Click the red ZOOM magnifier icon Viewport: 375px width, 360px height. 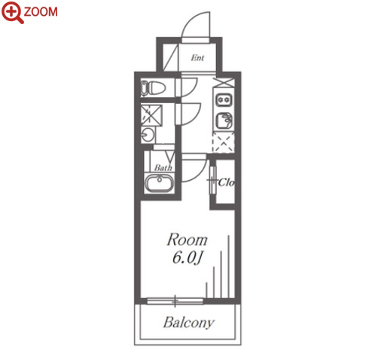(x=13, y=12)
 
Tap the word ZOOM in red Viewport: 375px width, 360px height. (x=41, y=12)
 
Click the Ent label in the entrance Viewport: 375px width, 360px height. (x=197, y=58)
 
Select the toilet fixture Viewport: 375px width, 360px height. (x=153, y=88)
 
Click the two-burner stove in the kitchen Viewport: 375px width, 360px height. (x=224, y=100)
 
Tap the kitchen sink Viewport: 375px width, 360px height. (x=224, y=121)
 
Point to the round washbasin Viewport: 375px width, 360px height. (x=147, y=135)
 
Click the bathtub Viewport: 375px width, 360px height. (x=160, y=183)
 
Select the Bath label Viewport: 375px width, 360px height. (x=163, y=167)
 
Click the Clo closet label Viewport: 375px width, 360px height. (x=226, y=182)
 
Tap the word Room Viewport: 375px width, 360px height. (x=187, y=239)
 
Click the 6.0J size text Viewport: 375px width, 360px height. (x=187, y=258)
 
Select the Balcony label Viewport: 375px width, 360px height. (x=189, y=322)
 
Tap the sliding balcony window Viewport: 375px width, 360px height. (x=175, y=301)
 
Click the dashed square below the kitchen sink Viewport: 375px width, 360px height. (x=224, y=143)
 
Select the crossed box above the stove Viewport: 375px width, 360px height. (x=224, y=83)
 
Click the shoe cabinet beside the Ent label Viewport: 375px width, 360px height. (x=170, y=57)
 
